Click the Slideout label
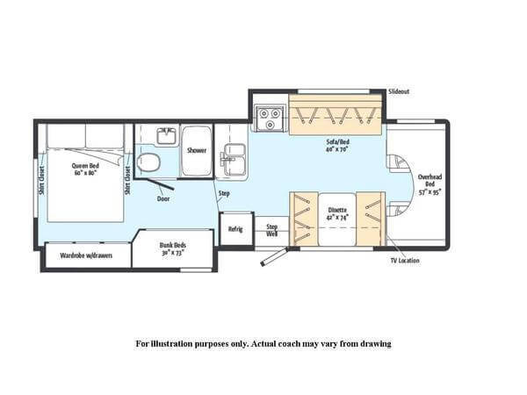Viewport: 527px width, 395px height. pyautogui.click(x=399, y=91)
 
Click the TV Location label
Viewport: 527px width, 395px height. pyautogui.click(x=405, y=261)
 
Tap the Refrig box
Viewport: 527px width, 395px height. pyautogui.click(x=235, y=229)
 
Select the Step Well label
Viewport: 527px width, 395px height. pyautogui.click(x=272, y=230)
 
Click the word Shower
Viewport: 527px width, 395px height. pyautogui.click(x=197, y=150)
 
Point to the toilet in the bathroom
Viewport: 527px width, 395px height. pyautogui.click(x=149, y=162)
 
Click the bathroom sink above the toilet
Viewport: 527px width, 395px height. pyautogui.click(x=167, y=135)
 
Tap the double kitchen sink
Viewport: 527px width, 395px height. pyautogui.click(x=233, y=158)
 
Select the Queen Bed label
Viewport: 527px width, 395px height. pyautogui.click(x=84, y=167)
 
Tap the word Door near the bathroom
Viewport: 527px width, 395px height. pyautogui.click(x=162, y=198)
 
